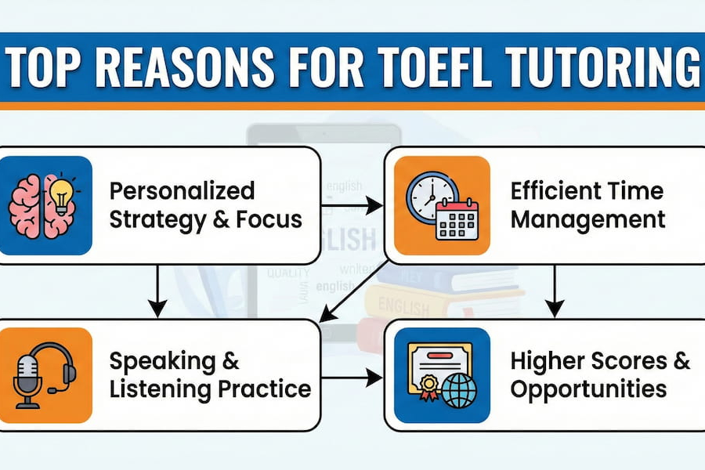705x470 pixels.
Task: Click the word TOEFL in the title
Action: click(x=427, y=69)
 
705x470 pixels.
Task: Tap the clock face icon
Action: click(x=430, y=197)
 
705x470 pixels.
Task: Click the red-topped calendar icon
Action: click(x=457, y=218)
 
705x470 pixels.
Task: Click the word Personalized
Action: click(x=182, y=190)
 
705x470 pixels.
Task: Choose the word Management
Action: click(x=587, y=219)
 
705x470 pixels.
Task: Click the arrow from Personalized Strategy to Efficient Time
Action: click(x=352, y=206)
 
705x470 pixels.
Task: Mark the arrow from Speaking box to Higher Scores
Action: click(x=352, y=378)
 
